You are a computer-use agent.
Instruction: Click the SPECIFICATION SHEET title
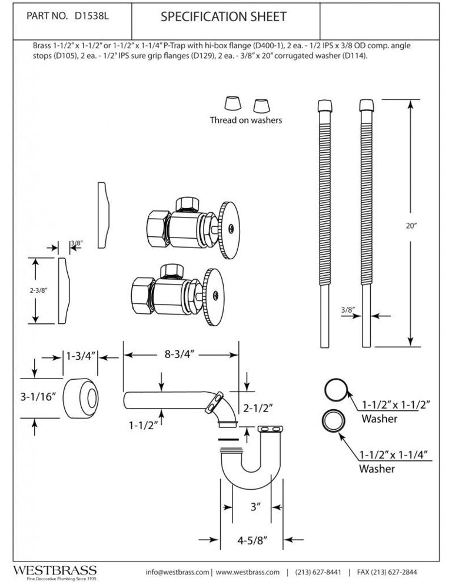224,17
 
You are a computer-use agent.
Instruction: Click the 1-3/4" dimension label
81,355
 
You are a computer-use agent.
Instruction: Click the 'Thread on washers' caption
246,121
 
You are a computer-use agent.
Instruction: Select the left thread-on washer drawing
231,103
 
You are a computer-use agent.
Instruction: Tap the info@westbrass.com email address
177,572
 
